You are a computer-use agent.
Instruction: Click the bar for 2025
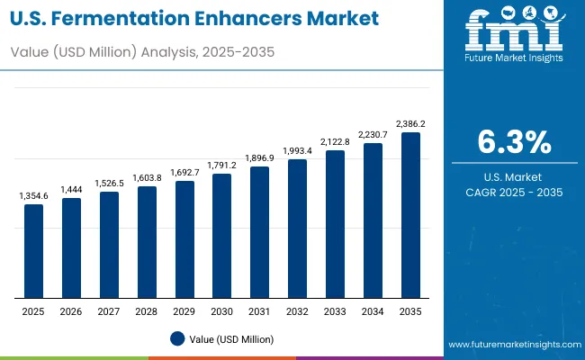click(x=33, y=251)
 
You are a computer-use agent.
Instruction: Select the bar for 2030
click(x=222, y=236)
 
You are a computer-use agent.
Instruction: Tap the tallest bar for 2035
click(x=410, y=215)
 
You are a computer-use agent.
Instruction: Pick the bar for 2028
click(x=147, y=242)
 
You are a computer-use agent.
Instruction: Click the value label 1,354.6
click(x=33, y=195)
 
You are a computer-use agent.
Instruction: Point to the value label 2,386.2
click(x=410, y=124)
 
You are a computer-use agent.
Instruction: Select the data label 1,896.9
click(x=259, y=157)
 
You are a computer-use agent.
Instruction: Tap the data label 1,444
click(x=71, y=190)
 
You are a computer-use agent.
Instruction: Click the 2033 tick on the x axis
click(x=335, y=310)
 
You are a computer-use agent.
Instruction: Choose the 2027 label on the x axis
click(x=109, y=310)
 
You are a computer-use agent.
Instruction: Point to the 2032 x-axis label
click(x=297, y=310)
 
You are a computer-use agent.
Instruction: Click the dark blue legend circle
click(x=177, y=338)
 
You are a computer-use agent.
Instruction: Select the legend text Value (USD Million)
click(x=230, y=338)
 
